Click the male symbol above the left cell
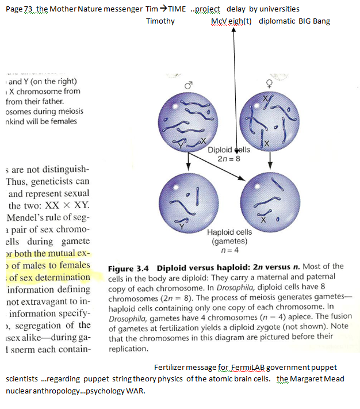tap(188, 85)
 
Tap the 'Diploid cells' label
tap(229, 150)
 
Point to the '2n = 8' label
tap(229, 158)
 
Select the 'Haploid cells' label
tap(229, 232)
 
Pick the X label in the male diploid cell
tap(204, 141)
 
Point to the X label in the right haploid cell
tap(262, 220)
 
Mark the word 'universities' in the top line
tap(279, 9)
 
